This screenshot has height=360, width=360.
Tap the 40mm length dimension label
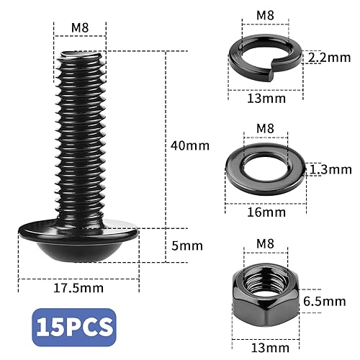[189, 145]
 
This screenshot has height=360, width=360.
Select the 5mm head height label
[186, 245]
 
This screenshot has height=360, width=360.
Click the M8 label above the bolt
[80, 27]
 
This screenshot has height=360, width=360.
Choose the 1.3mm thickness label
[331, 170]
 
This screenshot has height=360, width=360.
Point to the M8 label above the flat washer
[266, 128]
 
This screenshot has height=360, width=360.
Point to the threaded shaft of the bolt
[79, 137]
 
